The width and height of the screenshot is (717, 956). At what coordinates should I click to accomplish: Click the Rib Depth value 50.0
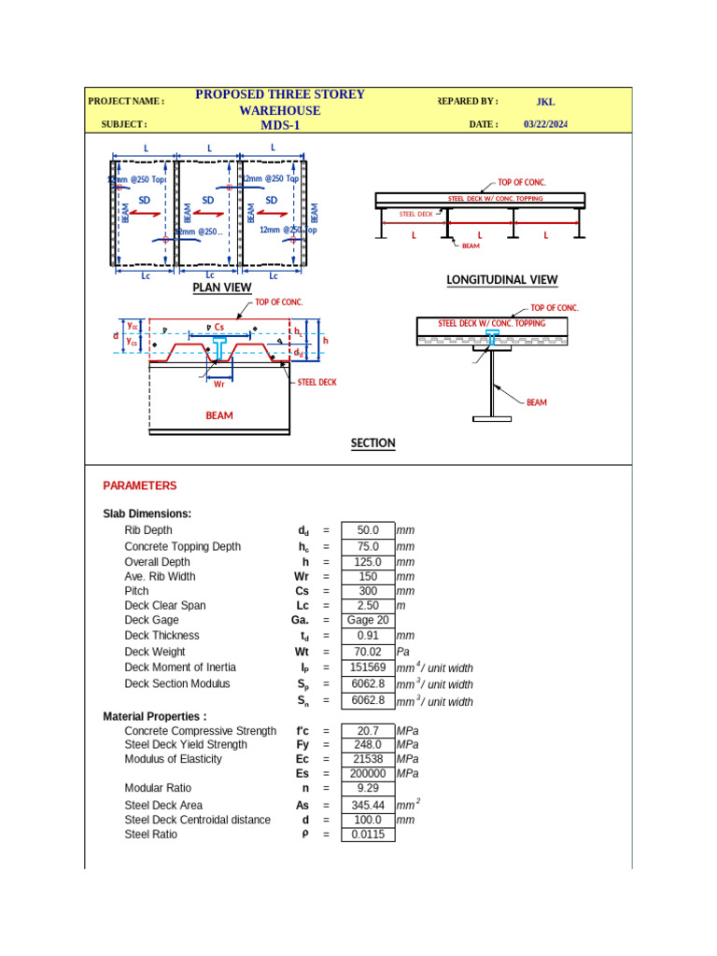(x=368, y=530)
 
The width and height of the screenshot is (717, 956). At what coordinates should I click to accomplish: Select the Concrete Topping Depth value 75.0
(x=368, y=547)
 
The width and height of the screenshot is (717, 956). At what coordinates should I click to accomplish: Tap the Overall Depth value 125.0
(x=368, y=562)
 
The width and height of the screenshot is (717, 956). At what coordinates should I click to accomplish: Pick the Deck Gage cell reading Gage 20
(x=368, y=621)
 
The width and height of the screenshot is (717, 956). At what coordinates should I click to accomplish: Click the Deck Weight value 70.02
(x=368, y=652)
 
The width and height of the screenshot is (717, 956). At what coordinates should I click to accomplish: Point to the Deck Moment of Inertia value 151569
(x=368, y=668)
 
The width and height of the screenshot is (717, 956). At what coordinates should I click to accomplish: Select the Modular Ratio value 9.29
(x=368, y=789)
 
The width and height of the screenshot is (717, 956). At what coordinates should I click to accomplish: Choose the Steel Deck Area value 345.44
(x=368, y=805)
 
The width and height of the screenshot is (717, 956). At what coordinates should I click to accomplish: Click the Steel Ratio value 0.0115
(x=368, y=835)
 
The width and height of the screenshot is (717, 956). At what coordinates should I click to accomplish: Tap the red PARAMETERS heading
(x=139, y=485)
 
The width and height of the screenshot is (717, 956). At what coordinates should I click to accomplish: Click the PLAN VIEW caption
(x=222, y=288)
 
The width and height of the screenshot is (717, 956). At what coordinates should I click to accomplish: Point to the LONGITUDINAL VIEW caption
(x=502, y=280)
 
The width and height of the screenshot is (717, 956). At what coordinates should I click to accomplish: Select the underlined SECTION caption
(x=373, y=443)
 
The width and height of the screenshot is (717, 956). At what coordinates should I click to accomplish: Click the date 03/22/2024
(x=546, y=124)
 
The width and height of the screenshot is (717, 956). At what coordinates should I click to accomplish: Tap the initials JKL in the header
(x=545, y=102)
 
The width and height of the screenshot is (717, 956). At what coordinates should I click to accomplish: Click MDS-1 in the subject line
(x=280, y=125)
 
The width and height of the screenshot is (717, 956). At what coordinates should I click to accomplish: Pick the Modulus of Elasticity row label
(x=174, y=759)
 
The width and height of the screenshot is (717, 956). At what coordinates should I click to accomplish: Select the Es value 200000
(x=368, y=774)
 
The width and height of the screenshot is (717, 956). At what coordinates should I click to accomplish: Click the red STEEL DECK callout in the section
(x=317, y=382)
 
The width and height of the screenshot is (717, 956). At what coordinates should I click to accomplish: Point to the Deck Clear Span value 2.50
(x=368, y=606)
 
